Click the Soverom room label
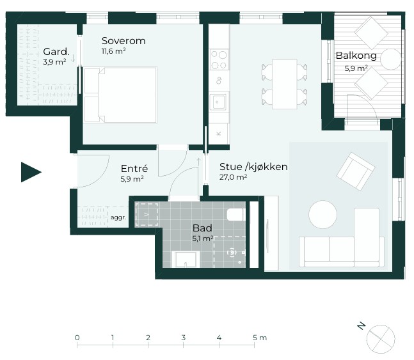[123, 41]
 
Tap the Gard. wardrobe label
[56, 52]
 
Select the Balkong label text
[356, 56]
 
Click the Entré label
[134, 168]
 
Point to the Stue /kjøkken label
[253, 167]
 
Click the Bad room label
[202, 228]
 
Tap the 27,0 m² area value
[233, 177]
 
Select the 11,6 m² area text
[113, 51]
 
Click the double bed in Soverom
[120, 95]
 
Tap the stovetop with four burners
[219, 59]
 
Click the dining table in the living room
[285, 84]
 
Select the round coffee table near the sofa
[322, 214]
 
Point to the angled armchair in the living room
[356, 171]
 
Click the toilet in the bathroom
[236, 215]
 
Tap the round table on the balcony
[391, 59]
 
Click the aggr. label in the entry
[118, 218]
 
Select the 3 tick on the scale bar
[184, 344]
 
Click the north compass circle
[381, 339]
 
